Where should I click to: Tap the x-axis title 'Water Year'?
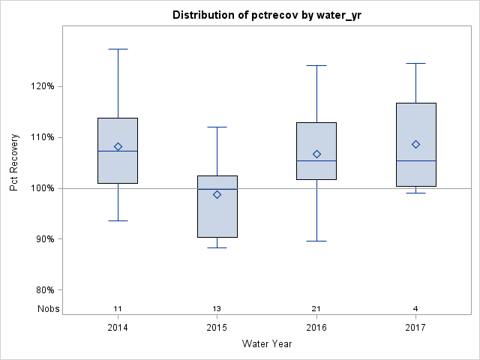[x=266, y=344]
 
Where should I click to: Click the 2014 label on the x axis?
[x=118, y=328]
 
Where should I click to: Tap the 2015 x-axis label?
[x=217, y=328]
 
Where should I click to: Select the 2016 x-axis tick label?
[x=316, y=328]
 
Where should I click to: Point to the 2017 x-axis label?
[x=415, y=328]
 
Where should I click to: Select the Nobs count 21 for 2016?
[x=316, y=308]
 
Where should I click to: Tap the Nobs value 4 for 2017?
[x=415, y=308]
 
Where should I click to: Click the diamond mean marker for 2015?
[x=217, y=194]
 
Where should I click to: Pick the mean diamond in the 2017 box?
[x=415, y=144]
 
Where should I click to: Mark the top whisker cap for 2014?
[x=118, y=49]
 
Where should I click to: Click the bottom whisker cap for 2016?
[x=316, y=241]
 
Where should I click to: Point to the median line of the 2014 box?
[x=118, y=151]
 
